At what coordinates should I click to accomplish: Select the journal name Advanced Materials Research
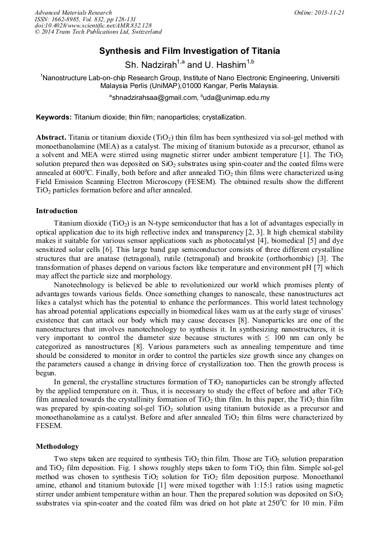[x=73, y=12]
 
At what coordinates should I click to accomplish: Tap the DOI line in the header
[x=93, y=26]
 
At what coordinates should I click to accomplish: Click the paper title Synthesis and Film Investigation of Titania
[x=189, y=51]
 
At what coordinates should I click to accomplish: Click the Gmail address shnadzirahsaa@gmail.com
[x=155, y=98]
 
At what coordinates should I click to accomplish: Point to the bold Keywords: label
[x=54, y=117]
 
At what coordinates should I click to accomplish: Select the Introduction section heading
[x=57, y=211]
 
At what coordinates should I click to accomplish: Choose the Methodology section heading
[x=57, y=447]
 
